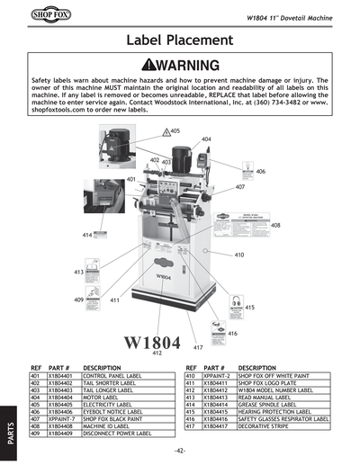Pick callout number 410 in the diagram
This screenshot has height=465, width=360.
239,255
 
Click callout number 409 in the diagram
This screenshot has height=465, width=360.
79,300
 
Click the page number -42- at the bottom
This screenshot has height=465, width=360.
180,450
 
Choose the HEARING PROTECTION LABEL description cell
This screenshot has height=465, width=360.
274,411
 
